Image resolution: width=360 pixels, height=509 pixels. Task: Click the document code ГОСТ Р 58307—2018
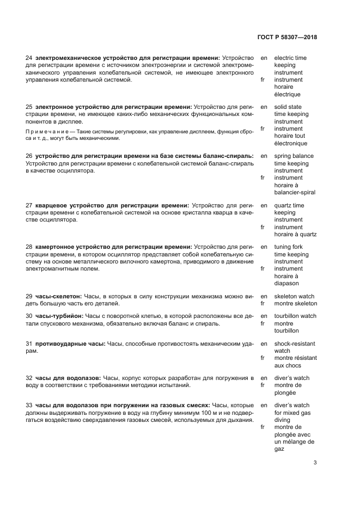(x=286, y=37)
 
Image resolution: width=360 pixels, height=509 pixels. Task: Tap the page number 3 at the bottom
(x=315, y=463)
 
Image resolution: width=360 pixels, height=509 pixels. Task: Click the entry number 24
(x=29, y=58)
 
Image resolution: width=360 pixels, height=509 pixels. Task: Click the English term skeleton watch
(x=294, y=296)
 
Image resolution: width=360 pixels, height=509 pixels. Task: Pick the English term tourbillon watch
(x=295, y=316)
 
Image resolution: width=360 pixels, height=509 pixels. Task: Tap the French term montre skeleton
(x=295, y=303)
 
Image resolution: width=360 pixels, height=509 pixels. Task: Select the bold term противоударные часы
(x=70, y=344)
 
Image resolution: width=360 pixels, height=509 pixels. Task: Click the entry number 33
(x=29, y=405)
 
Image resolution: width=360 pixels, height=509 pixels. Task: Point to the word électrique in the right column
(x=287, y=94)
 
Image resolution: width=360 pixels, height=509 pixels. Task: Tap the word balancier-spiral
(x=295, y=192)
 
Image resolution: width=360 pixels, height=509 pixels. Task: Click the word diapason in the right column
(x=286, y=283)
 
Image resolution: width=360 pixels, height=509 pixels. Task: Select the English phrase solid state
(x=289, y=107)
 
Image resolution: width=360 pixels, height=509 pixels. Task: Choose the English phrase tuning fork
(x=290, y=247)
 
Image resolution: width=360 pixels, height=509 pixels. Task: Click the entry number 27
(x=29, y=205)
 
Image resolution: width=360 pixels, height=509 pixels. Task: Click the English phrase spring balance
(x=294, y=156)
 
